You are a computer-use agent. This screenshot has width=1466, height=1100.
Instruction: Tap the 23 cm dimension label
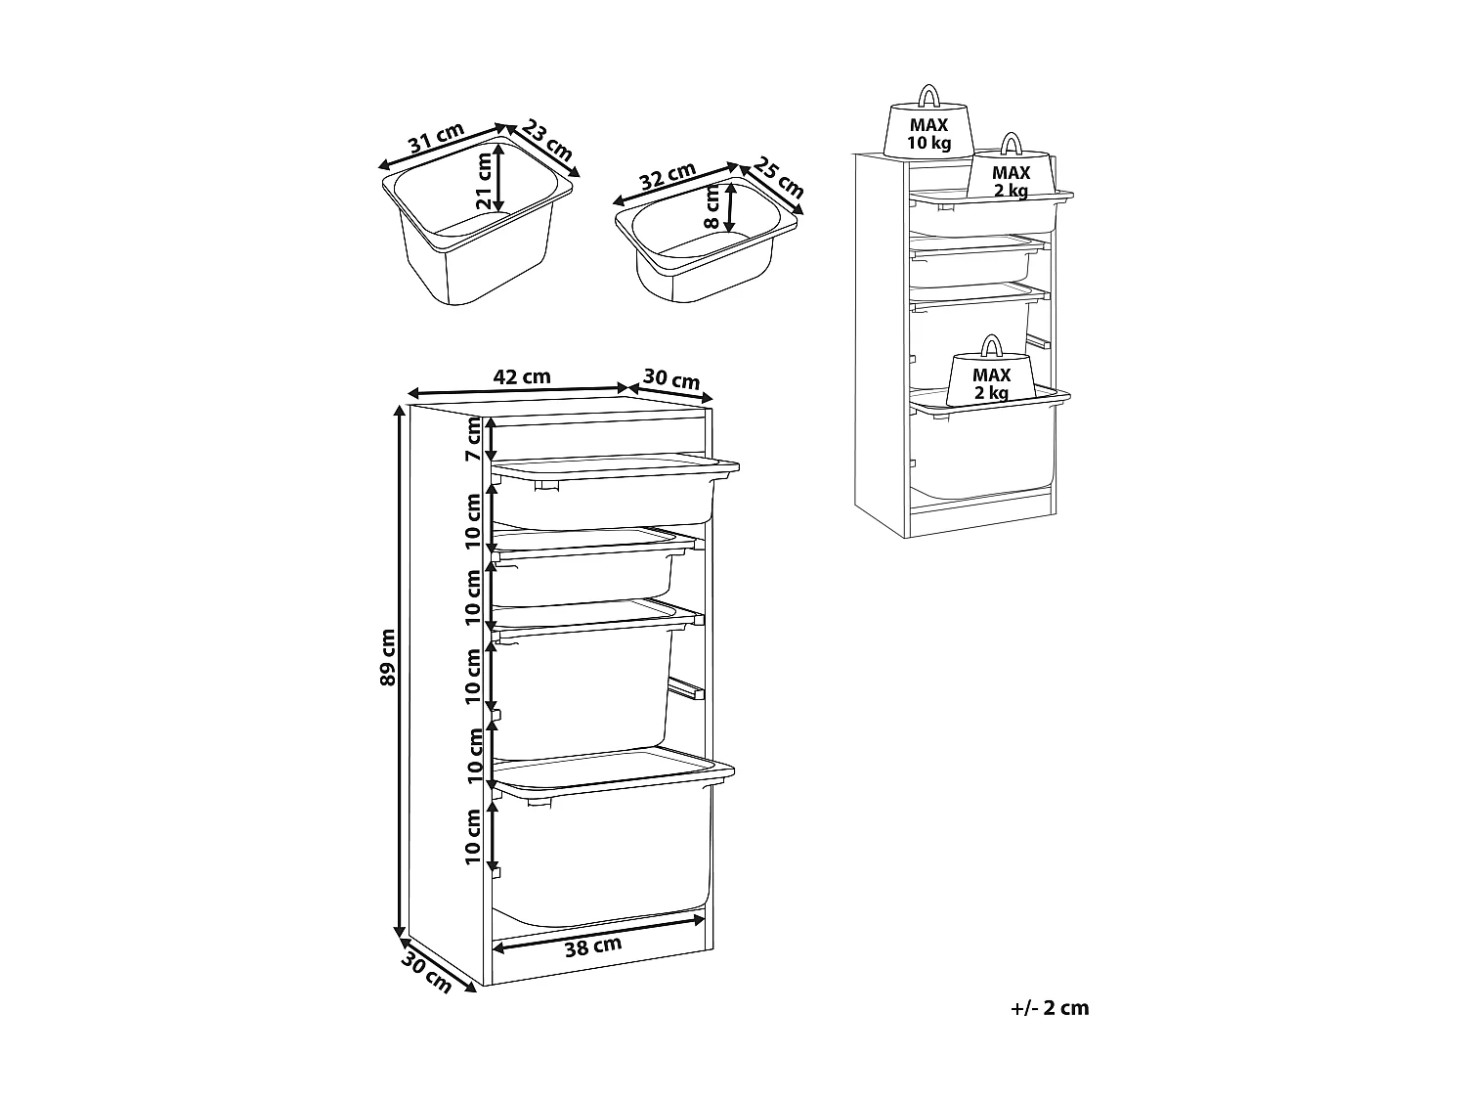tap(546, 140)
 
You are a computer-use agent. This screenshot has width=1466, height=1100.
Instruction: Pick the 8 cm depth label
tap(711, 207)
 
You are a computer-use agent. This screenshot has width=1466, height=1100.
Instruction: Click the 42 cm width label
tap(522, 375)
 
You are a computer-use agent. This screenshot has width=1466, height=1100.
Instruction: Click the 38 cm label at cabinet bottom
tap(593, 945)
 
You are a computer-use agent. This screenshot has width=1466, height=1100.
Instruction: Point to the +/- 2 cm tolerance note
tap(1050, 1008)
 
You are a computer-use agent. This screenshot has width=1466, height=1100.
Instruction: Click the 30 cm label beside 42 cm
tap(670, 378)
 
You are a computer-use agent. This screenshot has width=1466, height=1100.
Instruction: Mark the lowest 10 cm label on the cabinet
tap(473, 836)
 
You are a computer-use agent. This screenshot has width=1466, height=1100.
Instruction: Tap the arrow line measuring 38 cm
tap(598, 931)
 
